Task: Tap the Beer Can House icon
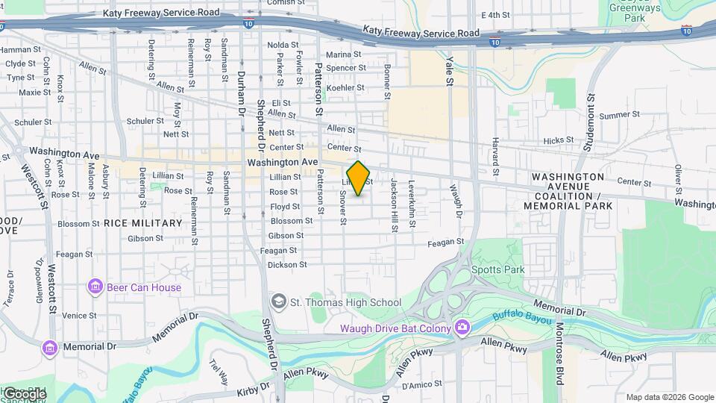coord(95,287)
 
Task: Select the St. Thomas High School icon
coord(278,302)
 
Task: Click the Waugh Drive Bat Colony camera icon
coord(462,328)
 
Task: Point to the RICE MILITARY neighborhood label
coord(142,223)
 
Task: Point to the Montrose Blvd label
coord(559,351)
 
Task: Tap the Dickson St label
coord(287,264)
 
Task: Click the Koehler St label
coord(345,87)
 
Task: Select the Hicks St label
coord(558,140)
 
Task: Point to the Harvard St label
coord(494,152)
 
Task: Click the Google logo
coord(24,393)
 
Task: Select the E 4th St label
coord(495,15)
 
